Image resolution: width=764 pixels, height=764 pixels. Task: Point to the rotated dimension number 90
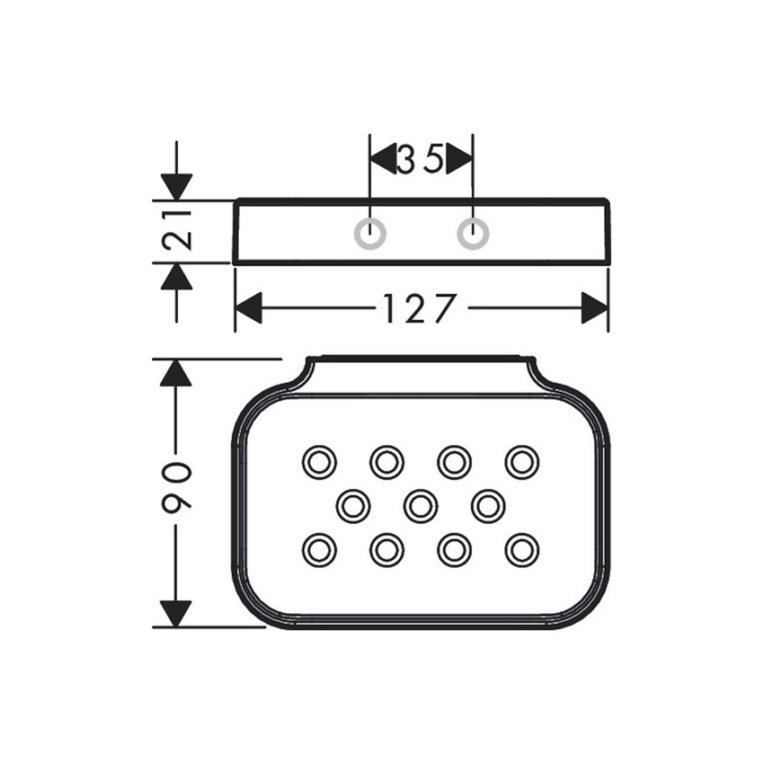coord(177,491)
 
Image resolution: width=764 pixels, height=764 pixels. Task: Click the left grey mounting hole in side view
coord(370,233)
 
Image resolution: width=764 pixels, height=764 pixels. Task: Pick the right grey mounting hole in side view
coord(473,233)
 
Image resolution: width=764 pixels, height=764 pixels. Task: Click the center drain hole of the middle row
coord(421,505)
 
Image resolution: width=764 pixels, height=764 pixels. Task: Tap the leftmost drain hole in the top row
coord(318,462)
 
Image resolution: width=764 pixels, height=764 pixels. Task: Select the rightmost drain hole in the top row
coord(521,462)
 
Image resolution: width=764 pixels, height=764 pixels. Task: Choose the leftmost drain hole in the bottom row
coord(318,549)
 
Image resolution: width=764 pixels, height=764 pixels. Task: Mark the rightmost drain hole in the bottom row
coord(521,549)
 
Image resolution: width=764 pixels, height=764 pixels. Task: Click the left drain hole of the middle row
coord(353,505)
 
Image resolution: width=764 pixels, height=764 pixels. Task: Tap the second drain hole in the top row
coord(386,462)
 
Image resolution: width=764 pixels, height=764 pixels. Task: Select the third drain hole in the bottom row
coord(454,549)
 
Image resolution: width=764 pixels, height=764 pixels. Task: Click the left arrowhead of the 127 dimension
coord(248,309)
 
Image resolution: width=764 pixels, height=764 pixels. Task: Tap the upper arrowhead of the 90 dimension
coord(176,372)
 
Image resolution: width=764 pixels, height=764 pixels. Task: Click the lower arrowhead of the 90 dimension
coord(176,613)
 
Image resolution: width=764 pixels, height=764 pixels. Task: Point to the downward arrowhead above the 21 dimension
coord(177,187)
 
